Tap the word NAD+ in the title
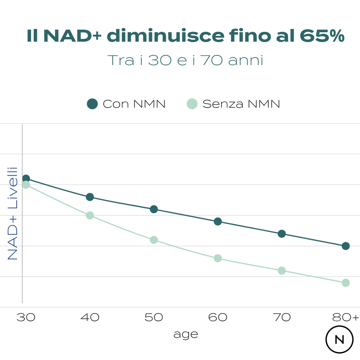coord(73,36)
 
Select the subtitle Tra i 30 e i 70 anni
coord(185,60)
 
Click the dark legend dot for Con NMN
coord(92,104)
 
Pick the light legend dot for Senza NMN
coord(192,104)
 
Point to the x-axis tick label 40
coord(90,317)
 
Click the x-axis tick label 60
coord(218,317)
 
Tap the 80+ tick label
coord(346,317)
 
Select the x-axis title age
coord(186,334)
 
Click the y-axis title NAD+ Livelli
coord(13,213)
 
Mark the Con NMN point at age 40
coord(90,197)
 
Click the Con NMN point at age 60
coord(218,221)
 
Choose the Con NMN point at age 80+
coord(346,246)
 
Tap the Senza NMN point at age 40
coord(90,215)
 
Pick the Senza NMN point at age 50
coord(154,240)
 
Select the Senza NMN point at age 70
coord(282,270)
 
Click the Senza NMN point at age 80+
coord(346,283)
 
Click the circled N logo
coord(339,340)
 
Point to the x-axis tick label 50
coord(154,317)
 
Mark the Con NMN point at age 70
coord(282,234)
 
